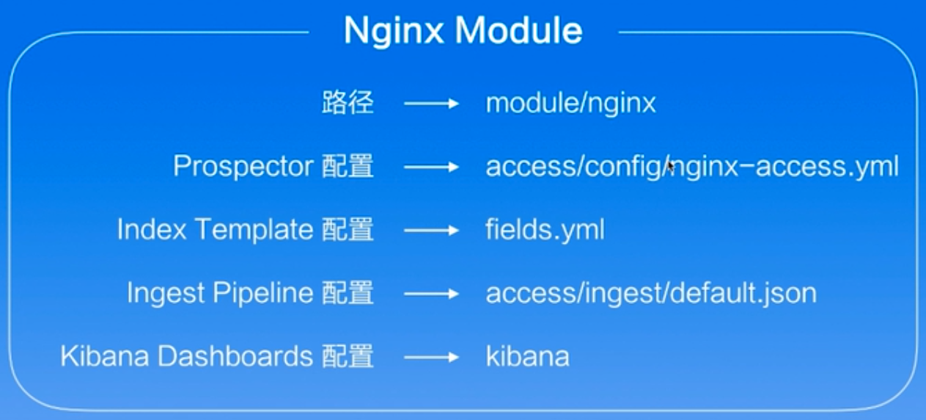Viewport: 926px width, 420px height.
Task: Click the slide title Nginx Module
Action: [x=463, y=31]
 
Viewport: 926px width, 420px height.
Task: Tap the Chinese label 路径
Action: [x=347, y=104]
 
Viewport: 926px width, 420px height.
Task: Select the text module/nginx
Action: [x=570, y=104]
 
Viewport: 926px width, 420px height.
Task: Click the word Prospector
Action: [x=244, y=167]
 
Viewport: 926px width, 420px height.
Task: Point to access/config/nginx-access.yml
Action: [x=691, y=167]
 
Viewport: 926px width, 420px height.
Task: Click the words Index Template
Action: [x=215, y=230]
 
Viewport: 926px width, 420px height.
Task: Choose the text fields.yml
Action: [x=545, y=230]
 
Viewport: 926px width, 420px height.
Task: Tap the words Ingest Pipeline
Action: [x=220, y=294]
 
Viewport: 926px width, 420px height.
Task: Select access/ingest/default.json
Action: [x=650, y=294]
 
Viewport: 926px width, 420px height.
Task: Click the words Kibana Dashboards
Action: [x=186, y=357]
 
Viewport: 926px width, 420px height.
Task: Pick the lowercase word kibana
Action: [x=527, y=357]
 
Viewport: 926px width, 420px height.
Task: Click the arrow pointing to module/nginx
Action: [x=431, y=104]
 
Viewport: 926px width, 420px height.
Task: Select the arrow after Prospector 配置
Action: [x=431, y=167]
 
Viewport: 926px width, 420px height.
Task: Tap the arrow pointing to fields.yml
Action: [x=431, y=231]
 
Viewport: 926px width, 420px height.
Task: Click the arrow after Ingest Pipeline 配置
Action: [x=431, y=294]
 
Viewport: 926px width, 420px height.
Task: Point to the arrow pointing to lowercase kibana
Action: [x=431, y=358]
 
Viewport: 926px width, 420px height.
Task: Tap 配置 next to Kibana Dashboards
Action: [x=348, y=357]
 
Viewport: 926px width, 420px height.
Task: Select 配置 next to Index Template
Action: [x=348, y=230]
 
